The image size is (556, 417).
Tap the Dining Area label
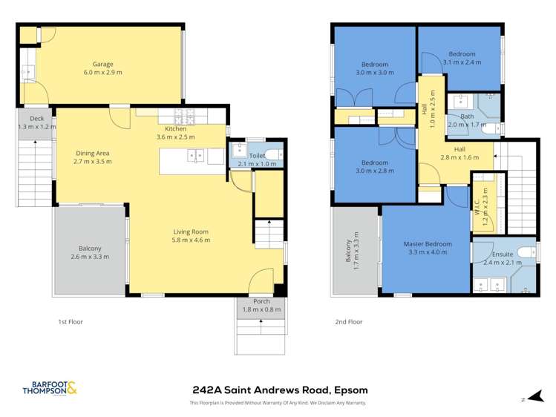click(x=93, y=153)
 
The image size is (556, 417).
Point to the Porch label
click(x=261, y=301)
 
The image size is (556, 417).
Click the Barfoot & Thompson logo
click(x=50, y=388)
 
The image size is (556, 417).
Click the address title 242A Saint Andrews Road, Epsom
click(x=280, y=390)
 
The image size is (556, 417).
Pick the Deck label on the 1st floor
click(x=36, y=119)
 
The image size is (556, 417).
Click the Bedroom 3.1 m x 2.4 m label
click(x=462, y=54)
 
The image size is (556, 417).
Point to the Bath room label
click(x=467, y=116)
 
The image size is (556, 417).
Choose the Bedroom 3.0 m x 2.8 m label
click(x=374, y=162)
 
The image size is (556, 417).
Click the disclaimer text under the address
click(x=278, y=403)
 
